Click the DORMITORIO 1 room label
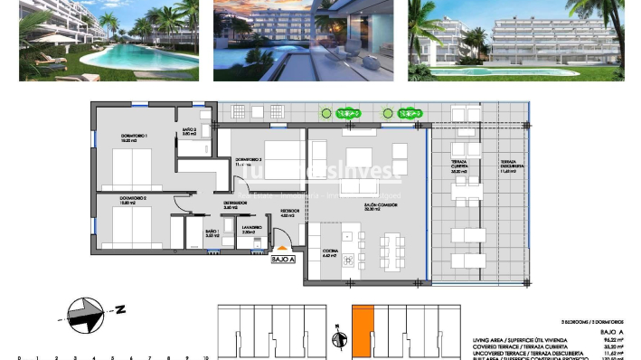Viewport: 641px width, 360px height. tap(135, 138)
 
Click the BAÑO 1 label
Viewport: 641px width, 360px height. tap(212, 234)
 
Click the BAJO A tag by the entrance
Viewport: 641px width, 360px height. tap(284, 260)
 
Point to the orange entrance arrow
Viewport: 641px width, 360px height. tap(284, 246)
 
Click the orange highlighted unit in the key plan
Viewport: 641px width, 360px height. tap(362, 330)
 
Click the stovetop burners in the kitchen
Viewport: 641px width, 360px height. tap(327, 230)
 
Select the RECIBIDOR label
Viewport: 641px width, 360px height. tap(288, 215)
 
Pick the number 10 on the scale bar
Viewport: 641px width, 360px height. tap(206, 356)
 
